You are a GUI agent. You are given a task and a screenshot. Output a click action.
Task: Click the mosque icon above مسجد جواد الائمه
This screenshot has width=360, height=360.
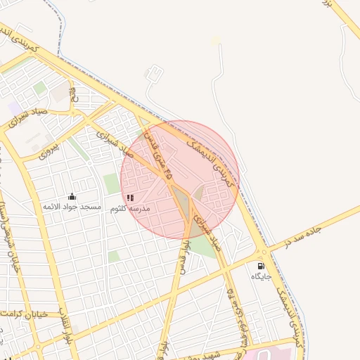pyautogui.click(x=72, y=196)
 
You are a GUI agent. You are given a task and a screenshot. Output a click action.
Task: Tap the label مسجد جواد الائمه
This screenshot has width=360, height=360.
pyautogui.click(x=72, y=207)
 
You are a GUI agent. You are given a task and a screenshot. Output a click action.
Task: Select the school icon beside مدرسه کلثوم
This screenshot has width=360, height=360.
pyautogui.click(x=130, y=198)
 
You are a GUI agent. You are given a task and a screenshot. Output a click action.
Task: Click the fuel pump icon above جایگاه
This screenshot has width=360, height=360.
pyautogui.click(x=262, y=266)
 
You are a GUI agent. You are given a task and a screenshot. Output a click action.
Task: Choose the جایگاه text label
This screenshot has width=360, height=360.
pyautogui.click(x=262, y=277)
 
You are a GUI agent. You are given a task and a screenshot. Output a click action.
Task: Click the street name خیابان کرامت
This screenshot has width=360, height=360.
pyautogui.click(x=25, y=314)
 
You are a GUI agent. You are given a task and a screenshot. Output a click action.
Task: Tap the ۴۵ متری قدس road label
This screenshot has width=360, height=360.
pyautogui.click(x=156, y=152)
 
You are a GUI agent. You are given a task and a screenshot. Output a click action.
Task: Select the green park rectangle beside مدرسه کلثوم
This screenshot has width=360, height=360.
pyautogui.click(x=111, y=184)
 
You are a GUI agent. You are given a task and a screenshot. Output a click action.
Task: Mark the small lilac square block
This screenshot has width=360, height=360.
pyautogui.click(x=14, y=107)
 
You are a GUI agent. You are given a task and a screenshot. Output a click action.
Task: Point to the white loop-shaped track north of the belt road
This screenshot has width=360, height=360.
pyautogui.click(x=151, y=73)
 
